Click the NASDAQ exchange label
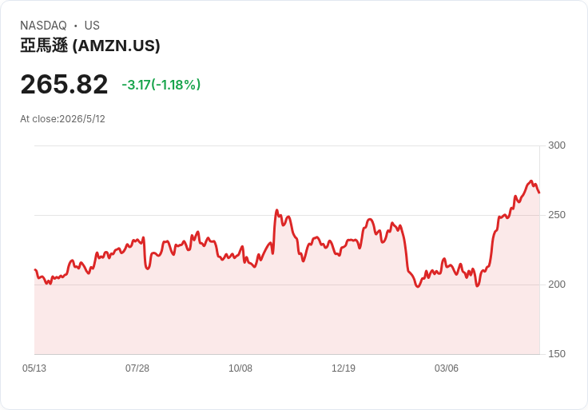(43, 26)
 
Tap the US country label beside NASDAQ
(92, 26)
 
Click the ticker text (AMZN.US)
(117, 46)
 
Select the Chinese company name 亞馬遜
(44, 46)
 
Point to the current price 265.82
(64, 85)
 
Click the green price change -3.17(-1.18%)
(161, 85)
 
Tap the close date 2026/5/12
(82, 119)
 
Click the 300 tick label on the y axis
(557, 145)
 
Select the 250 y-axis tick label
(557, 215)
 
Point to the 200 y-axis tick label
(557, 285)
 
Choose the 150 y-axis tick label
(557, 354)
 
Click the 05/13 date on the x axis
(34, 368)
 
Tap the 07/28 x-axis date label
(137, 368)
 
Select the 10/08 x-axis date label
(240, 368)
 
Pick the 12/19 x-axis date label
(344, 368)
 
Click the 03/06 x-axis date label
(447, 368)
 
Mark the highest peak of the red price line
(530, 181)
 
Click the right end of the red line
(539, 193)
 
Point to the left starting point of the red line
(35, 269)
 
